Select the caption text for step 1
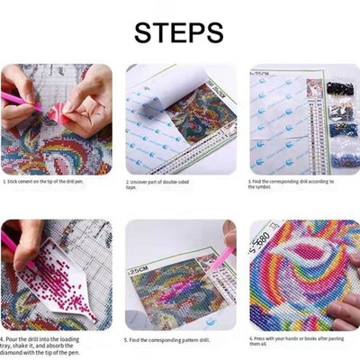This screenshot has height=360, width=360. [x=56, y=181]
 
